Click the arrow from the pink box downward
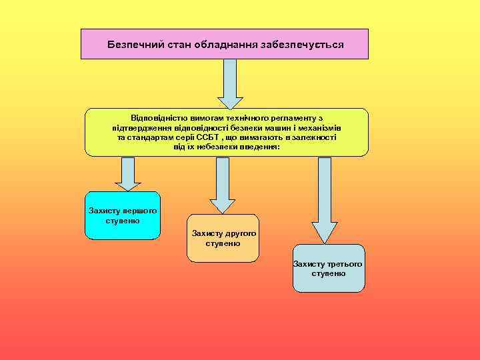coord(230,83)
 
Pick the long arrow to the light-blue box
coord(325,199)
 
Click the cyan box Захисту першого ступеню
coord(123,215)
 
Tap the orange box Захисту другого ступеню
coord(223,238)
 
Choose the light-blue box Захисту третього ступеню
coord(328,269)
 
